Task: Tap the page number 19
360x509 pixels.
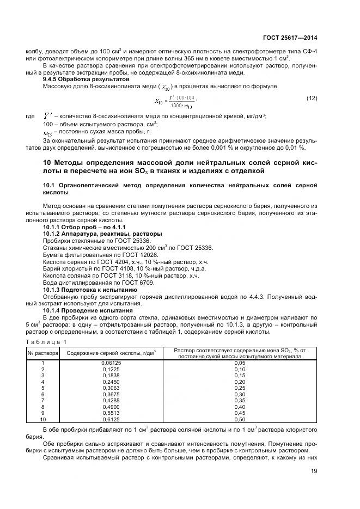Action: (313, 480)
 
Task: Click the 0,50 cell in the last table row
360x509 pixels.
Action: (240, 420)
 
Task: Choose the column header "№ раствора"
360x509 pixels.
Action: (42, 353)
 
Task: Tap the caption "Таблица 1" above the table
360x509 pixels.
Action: (46, 341)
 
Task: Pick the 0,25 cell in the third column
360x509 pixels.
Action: (240, 388)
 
